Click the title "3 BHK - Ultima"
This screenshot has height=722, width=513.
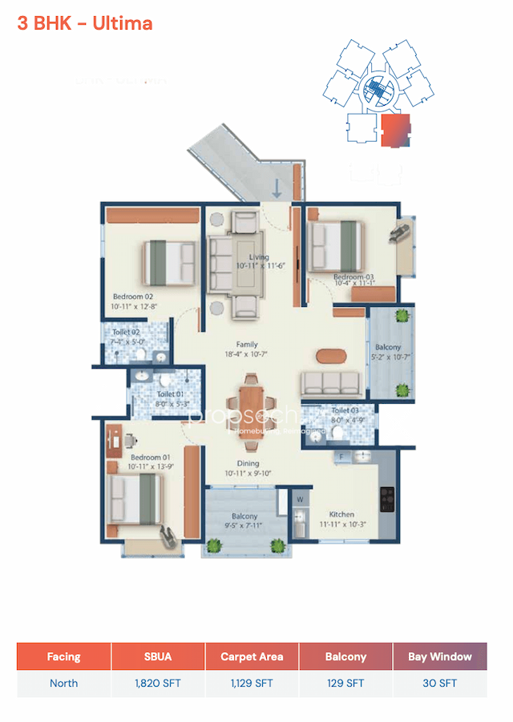85,23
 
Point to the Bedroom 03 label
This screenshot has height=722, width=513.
353,277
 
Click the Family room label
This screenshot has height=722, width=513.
247,345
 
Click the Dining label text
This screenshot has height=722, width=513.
247,463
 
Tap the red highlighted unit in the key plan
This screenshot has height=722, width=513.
394,131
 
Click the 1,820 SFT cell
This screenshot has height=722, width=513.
158,684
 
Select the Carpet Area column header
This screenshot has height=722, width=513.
252,656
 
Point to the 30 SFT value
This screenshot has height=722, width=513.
439,684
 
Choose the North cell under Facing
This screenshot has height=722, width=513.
63,684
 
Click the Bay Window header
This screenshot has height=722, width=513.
439,656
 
